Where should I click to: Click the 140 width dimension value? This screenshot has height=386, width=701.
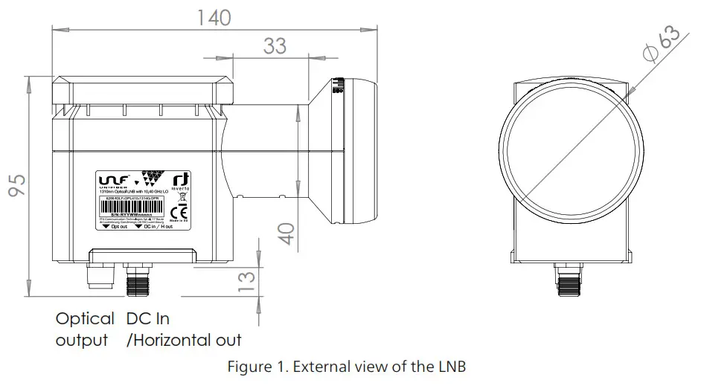215,17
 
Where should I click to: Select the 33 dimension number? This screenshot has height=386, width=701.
274,46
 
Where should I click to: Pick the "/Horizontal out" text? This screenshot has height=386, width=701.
185,341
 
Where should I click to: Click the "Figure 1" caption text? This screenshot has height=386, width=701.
350,367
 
